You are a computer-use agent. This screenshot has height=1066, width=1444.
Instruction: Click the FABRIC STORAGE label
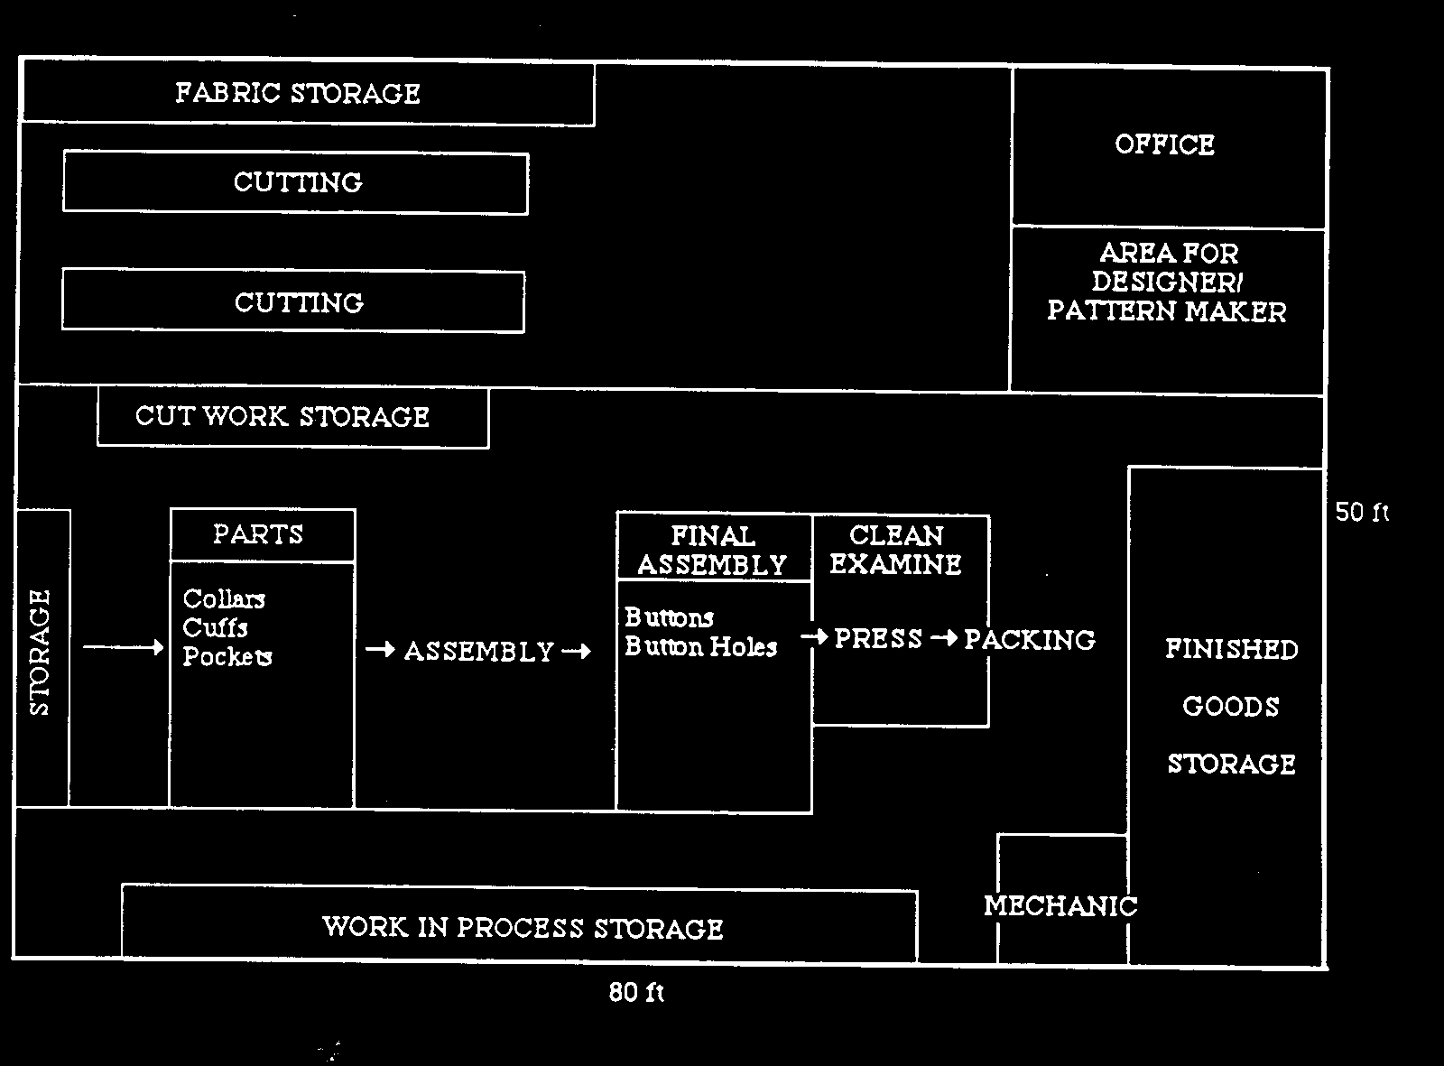tap(298, 93)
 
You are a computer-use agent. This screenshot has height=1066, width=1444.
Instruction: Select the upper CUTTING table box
tap(296, 183)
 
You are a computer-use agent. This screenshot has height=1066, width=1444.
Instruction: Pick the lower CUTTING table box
tap(294, 302)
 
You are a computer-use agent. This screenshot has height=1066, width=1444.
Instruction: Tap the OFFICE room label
tap(1164, 144)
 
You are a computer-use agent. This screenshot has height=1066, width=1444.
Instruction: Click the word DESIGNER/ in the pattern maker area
tap(1167, 282)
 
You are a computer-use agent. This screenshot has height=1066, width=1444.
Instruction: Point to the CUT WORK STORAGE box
tap(292, 417)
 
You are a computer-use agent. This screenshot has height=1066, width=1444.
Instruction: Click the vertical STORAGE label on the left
tap(41, 652)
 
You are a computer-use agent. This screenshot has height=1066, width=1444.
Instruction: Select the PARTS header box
tap(262, 534)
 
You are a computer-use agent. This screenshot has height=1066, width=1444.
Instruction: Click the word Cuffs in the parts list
tap(215, 627)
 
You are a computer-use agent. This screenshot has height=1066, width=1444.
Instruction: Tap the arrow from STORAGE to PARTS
tap(123, 647)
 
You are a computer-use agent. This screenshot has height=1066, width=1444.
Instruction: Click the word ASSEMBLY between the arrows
tap(478, 651)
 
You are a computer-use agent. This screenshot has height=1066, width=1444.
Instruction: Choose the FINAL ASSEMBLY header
tap(713, 550)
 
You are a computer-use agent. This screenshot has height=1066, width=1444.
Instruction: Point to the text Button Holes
tap(700, 647)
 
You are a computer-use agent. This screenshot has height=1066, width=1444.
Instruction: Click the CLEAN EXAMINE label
tap(895, 550)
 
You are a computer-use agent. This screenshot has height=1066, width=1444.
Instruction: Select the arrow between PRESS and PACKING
tap(944, 638)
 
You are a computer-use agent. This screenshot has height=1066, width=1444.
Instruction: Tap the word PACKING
tap(1029, 640)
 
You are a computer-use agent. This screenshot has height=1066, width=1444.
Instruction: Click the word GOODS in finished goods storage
tap(1231, 707)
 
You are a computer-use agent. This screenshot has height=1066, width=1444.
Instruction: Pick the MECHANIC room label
tap(1060, 905)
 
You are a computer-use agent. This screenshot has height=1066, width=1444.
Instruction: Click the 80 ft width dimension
tap(636, 993)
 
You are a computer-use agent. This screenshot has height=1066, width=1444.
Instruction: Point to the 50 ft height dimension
tap(1362, 513)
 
